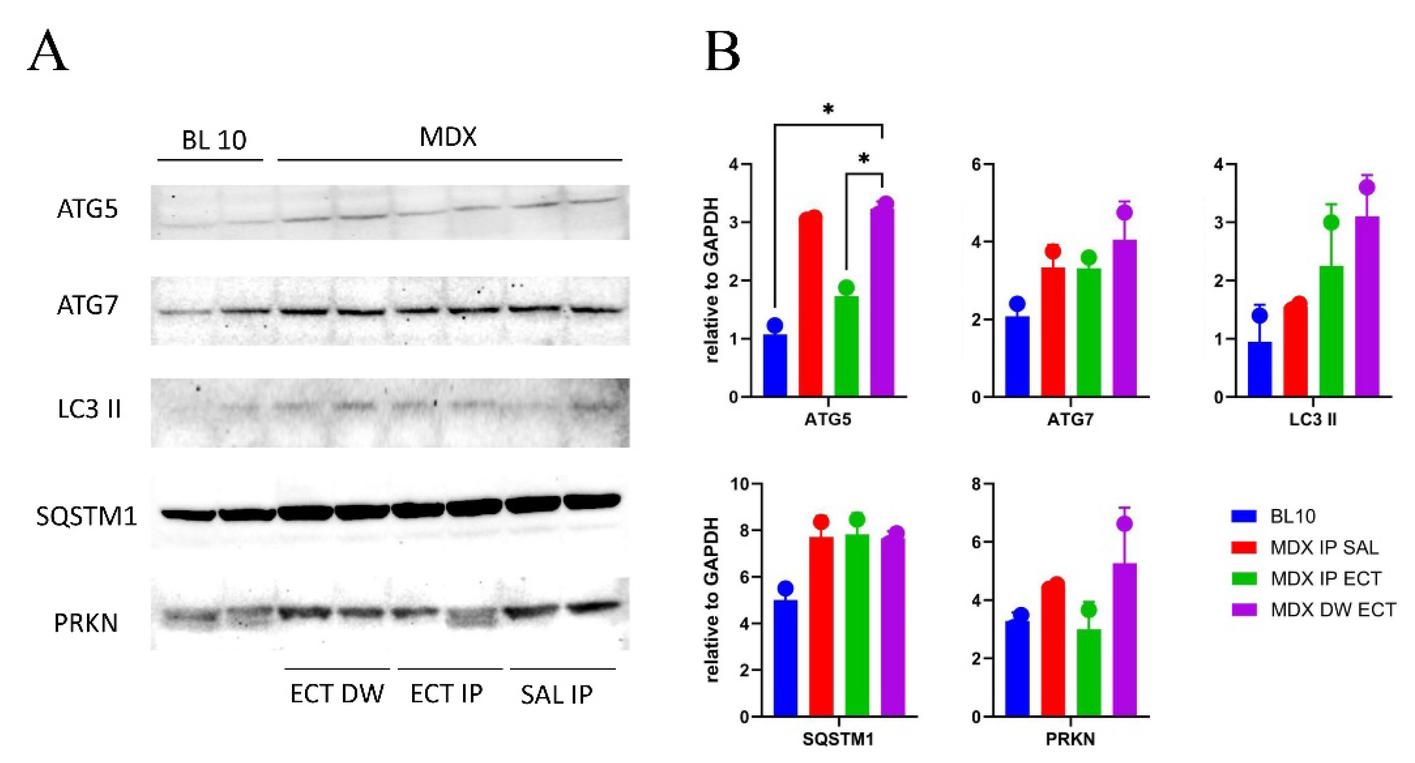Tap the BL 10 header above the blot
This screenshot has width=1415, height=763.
coord(214,140)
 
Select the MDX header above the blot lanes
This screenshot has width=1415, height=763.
coord(448,136)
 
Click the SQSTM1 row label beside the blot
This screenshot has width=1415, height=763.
coord(86,516)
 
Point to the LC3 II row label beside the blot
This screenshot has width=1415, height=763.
coord(89,409)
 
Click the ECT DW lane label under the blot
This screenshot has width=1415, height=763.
coord(337,694)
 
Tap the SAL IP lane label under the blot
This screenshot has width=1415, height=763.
coord(557,695)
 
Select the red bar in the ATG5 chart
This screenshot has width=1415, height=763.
coord(810,305)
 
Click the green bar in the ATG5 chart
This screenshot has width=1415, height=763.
coord(846,346)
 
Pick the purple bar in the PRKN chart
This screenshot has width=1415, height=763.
coord(1124,640)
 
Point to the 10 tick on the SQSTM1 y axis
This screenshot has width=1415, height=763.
coord(739,484)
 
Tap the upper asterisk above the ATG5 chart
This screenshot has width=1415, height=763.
coord(828,109)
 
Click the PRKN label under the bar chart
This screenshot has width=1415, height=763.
coord(1070,739)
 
